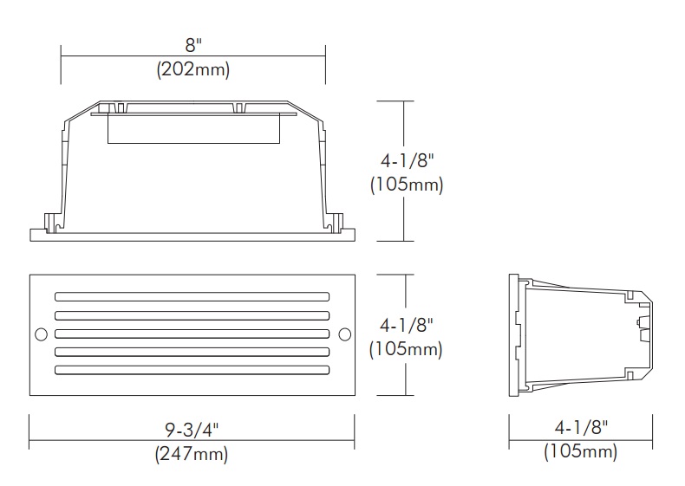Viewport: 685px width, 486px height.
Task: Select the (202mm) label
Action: click(x=192, y=70)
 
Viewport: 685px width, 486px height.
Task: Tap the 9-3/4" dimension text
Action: click(x=192, y=429)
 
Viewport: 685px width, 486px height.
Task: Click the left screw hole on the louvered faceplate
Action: click(x=40, y=334)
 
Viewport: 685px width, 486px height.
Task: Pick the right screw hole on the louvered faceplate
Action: click(x=343, y=334)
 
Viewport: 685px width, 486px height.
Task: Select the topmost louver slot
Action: click(x=192, y=297)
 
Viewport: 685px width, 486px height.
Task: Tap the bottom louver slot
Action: click(x=192, y=370)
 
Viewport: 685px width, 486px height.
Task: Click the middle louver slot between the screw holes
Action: click(x=192, y=334)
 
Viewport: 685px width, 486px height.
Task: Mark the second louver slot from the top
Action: click(x=192, y=315)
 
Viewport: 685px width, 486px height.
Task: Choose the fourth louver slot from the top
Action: click(x=192, y=352)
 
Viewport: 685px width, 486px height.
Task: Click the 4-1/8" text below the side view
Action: click(x=579, y=428)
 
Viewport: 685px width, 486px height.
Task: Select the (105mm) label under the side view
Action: click(x=579, y=451)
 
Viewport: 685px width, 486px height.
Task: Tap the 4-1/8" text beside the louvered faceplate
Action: click(x=406, y=326)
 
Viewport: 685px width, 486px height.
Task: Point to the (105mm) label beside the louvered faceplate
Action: click(x=406, y=349)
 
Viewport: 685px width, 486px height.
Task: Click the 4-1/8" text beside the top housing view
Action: click(x=406, y=161)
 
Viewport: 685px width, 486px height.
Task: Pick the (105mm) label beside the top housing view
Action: click(x=406, y=185)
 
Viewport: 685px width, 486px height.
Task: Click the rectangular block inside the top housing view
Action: click(x=192, y=130)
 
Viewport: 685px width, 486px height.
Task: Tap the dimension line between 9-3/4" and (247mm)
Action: click(x=192, y=441)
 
